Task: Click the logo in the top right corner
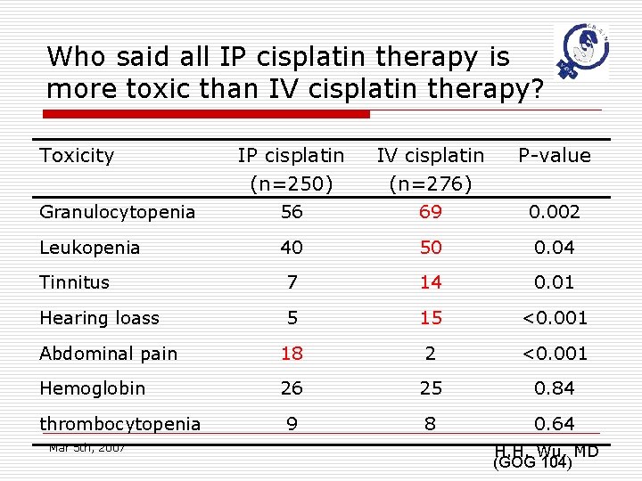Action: (582, 51)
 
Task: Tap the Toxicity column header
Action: (77, 156)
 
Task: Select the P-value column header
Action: (555, 156)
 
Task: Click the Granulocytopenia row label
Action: (117, 212)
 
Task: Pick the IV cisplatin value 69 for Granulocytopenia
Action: (431, 212)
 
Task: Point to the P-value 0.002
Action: (555, 212)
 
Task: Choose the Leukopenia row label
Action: (89, 248)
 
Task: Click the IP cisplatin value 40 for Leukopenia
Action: (291, 248)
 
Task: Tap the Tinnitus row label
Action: (74, 282)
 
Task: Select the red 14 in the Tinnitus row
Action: (431, 282)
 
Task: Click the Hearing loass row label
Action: (99, 318)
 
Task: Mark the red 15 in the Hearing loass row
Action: (431, 318)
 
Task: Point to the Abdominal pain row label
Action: (108, 354)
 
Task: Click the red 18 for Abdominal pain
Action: (291, 354)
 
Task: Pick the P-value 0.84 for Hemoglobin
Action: (555, 388)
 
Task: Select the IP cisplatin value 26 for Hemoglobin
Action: (291, 388)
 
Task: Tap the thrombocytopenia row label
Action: (119, 424)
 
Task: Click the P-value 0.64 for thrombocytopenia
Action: (555, 424)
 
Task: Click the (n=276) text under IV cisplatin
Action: (431, 184)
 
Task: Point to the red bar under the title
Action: (207, 114)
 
